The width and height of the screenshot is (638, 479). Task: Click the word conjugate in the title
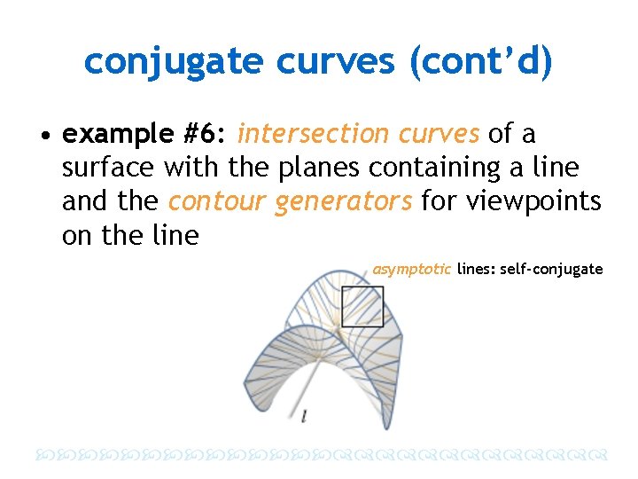click(174, 61)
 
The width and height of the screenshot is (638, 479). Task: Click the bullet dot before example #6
click(43, 135)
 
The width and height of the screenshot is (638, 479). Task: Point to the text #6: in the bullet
click(205, 134)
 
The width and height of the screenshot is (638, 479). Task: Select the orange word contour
click(216, 201)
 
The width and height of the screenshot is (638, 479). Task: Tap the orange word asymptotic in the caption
click(412, 269)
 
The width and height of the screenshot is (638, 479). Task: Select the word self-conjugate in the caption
click(551, 269)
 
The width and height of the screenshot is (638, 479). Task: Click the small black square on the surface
click(362, 306)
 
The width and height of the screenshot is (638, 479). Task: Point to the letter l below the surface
click(305, 416)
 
